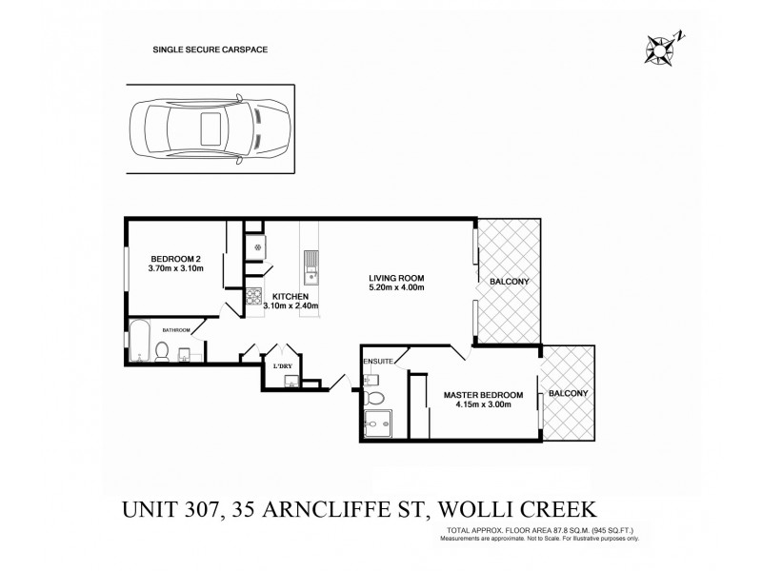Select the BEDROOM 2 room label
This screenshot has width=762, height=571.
174,259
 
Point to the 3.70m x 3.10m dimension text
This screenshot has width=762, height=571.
176,269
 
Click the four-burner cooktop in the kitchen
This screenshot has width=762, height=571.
254,297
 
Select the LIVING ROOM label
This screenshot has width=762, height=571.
395,278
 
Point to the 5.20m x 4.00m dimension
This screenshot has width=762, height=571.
396,288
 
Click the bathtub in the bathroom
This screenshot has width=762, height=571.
139,345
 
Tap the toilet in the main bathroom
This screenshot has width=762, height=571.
163,352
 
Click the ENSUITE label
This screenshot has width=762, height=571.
378,363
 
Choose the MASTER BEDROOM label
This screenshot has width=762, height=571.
483,395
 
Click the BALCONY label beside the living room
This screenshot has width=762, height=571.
509,283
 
